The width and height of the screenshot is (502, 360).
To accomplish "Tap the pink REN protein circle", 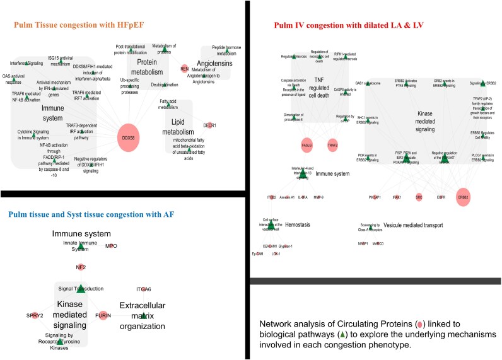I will click(185, 68).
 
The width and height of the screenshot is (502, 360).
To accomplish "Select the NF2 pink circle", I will click(81, 267).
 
